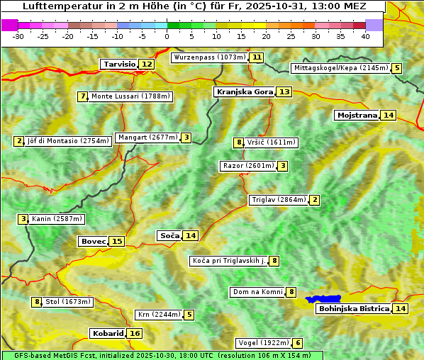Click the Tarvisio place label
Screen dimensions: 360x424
pos(119,64)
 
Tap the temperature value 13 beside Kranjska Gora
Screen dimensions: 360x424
pos(284,91)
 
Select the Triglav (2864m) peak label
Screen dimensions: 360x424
pos(279,200)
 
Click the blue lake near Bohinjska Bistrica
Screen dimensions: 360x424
pos(323,299)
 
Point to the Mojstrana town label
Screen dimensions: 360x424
pos(357,115)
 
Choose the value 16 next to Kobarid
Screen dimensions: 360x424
pos(135,333)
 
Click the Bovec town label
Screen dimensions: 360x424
pos(93,241)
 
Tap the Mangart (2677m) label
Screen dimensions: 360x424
pos(147,137)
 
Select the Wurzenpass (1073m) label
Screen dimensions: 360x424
pos(210,57)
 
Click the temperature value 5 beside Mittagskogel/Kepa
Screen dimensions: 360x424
pos(397,68)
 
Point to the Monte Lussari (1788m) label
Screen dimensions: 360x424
pos(130,96)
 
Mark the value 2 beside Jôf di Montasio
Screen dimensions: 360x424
pos(18,141)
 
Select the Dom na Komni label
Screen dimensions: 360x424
pos(257,292)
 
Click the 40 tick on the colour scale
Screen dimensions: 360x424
pos(365,36)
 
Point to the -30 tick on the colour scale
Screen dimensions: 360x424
pos(18,36)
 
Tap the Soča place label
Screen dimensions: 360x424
pos(169,235)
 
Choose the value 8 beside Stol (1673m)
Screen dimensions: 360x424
pos(37,302)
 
